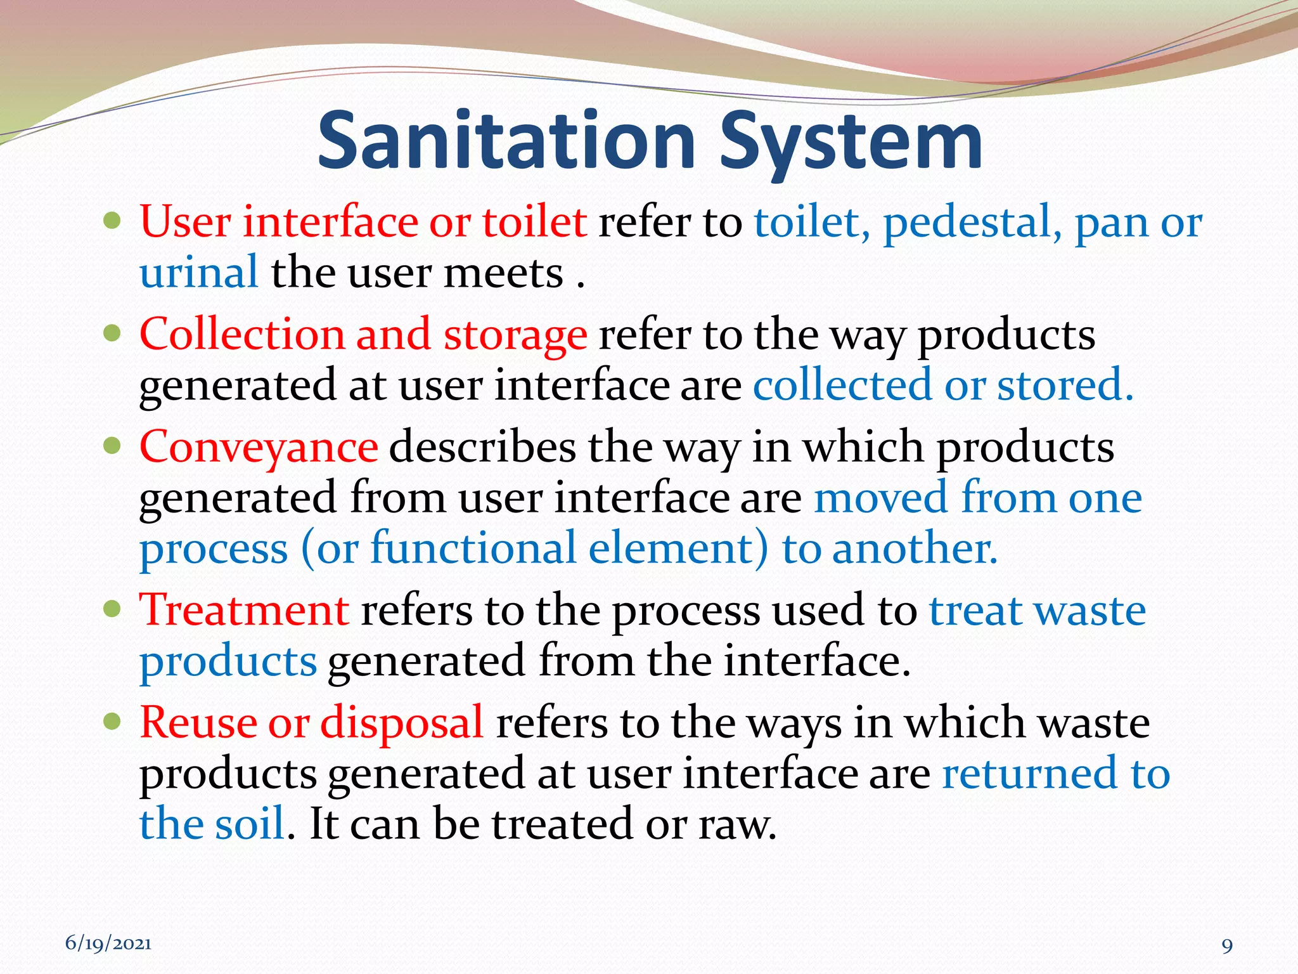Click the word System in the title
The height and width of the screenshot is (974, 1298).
(851, 143)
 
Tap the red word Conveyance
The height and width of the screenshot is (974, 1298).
(259, 448)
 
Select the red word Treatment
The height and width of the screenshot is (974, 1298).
(244, 610)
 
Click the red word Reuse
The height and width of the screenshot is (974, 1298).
(198, 723)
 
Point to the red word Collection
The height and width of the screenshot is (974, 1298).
(241, 334)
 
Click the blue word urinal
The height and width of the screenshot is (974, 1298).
(198, 273)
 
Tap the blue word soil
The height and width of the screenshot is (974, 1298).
(249, 824)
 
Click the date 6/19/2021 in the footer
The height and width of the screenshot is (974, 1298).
(108, 944)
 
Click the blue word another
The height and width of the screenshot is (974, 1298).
(915, 549)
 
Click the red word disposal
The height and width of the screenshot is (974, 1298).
(402, 724)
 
